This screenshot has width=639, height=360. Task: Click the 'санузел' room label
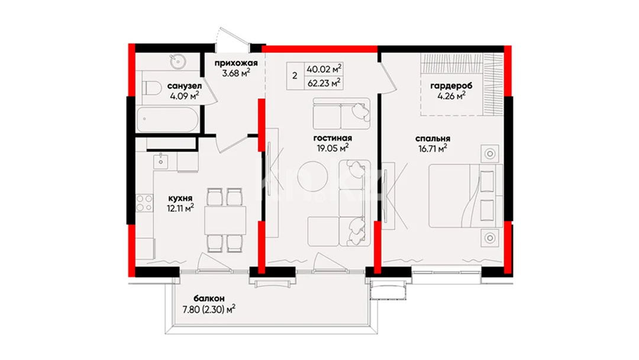click(x=184, y=86)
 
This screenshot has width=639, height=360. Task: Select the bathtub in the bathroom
click(x=167, y=119)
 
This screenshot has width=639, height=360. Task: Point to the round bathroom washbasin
click(x=177, y=62)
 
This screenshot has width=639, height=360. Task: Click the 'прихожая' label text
click(x=236, y=63)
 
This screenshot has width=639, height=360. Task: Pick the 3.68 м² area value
click(x=236, y=73)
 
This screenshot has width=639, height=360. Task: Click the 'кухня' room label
click(x=180, y=198)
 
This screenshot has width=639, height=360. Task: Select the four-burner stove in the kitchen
click(x=144, y=204)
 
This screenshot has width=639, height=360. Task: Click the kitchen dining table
click(x=225, y=220)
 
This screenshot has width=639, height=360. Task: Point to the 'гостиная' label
click(x=333, y=138)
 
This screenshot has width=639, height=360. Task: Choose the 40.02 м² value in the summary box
click(x=325, y=69)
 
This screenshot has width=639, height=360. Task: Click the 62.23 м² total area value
click(x=325, y=83)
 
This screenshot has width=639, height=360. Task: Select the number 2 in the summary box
click(x=295, y=76)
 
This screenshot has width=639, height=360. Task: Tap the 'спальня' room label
click(x=433, y=138)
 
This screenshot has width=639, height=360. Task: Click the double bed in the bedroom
click(x=466, y=195)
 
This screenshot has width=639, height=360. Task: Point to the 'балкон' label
click(x=209, y=299)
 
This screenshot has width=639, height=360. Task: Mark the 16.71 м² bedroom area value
click(x=433, y=149)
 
